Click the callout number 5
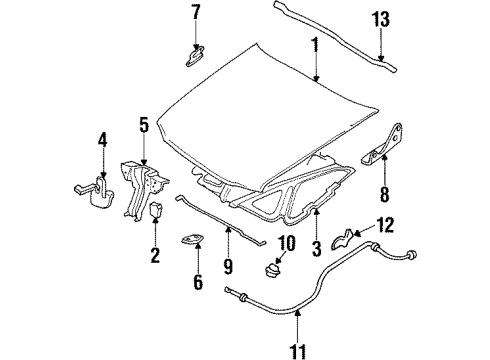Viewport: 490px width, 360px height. [x=144, y=126]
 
